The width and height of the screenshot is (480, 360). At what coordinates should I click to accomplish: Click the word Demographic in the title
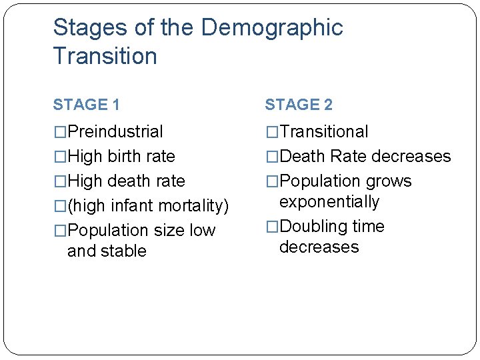pos(271,28)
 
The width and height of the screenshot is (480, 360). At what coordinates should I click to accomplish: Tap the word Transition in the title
pos(105,56)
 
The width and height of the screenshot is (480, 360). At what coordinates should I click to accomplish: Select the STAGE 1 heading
pos(86,105)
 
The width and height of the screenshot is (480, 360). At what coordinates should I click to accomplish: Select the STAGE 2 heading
pos(299,105)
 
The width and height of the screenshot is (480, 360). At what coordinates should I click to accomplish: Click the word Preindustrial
pos(115,132)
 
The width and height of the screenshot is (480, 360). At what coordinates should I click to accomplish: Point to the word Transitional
pos(324,132)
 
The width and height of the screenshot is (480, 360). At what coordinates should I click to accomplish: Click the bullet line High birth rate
pos(121,157)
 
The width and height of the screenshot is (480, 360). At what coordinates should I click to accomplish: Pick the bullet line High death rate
pos(126,181)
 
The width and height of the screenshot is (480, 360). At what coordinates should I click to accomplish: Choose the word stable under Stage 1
pos(123,251)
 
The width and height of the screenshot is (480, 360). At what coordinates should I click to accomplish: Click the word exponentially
pos(329,202)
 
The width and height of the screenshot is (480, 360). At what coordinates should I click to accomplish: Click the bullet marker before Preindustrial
pos(60,132)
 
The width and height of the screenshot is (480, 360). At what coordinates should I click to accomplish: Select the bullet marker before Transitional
pos(272,132)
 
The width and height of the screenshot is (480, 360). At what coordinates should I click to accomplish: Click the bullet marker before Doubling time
pos(272,227)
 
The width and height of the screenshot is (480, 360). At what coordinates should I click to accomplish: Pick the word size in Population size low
pos(169,231)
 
